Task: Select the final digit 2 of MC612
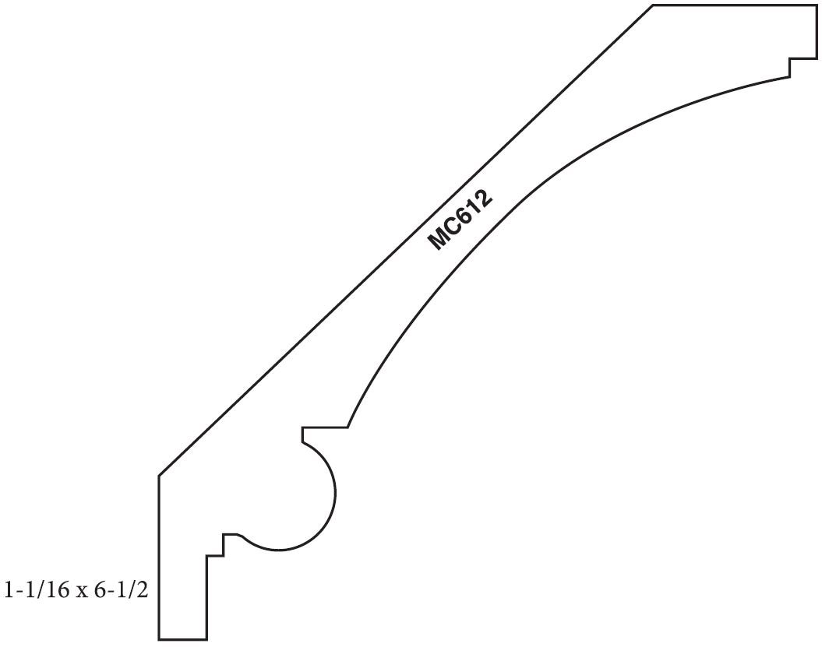pyautogui.click(x=485, y=199)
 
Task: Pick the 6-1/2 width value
pyautogui.click(x=122, y=589)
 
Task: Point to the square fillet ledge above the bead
pyautogui.click(x=323, y=427)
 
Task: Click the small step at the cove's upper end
pyautogui.click(x=789, y=68)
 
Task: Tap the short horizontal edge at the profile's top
pyautogui.click(x=732, y=5)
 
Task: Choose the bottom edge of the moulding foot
pyautogui.click(x=183, y=639)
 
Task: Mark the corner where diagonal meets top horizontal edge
pyautogui.click(x=653, y=5)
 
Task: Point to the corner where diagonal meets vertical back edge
pyautogui.click(x=159, y=475)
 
